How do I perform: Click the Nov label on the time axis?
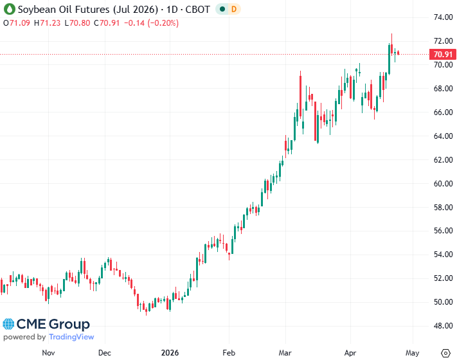pyautogui.click(x=48, y=352)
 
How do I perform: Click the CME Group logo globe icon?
pyautogui.click(x=10, y=325)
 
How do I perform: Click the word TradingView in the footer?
pyautogui.click(x=71, y=337)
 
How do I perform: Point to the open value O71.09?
pyautogui.click(x=18, y=23)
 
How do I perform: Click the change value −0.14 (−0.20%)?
pyautogui.click(x=150, y=23)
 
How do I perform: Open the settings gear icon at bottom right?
pyautogui.click(x=445, y=352)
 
